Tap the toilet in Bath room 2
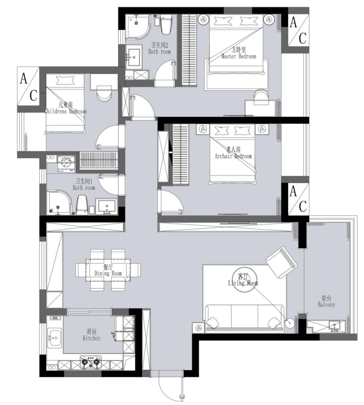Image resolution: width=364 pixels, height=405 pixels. [x=166, y=24]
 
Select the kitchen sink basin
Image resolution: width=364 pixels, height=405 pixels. [x=55, y=337]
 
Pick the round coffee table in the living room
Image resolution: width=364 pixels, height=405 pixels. [x=244, y=280]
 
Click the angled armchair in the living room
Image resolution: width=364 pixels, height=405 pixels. [x=281, y=262]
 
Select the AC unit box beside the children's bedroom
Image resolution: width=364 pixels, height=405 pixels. [x=29, y=86]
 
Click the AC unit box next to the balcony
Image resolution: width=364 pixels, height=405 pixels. [x=298, y=199]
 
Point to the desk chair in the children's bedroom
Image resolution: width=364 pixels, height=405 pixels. [x=104, y=93]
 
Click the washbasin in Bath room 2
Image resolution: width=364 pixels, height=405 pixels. [x=134, y=57]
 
